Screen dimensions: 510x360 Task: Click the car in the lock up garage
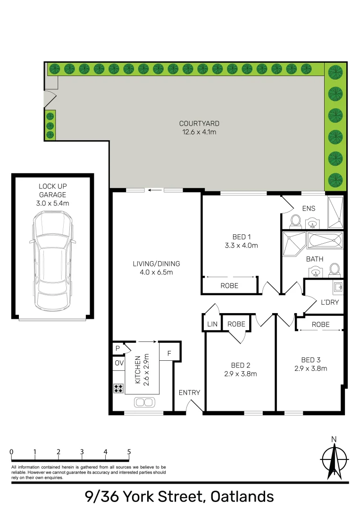click(52, 260)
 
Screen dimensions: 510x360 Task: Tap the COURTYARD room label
click(200, 124)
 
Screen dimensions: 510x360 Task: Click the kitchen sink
click(144, 402)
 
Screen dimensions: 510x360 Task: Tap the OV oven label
click(118, 363)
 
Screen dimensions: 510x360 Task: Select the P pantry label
click(117, 348)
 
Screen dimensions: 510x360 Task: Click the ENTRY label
click(189, 392)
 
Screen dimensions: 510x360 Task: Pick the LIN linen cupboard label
click(212, 324)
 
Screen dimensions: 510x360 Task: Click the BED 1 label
click(242, 237)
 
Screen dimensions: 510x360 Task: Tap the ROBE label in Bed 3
click(320, 324)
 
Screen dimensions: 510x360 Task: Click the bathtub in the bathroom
click(326, 240)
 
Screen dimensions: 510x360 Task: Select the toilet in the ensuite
click(296, 220)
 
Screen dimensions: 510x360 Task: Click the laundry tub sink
click(338, 286)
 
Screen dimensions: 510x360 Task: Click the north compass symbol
click(334, 459)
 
